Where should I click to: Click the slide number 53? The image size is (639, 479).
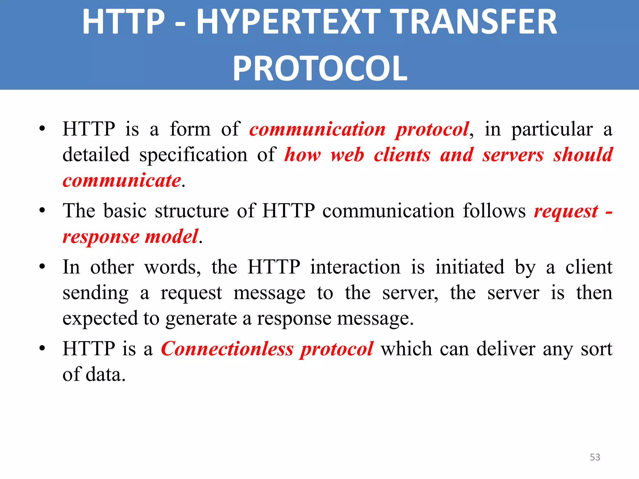[595, 457]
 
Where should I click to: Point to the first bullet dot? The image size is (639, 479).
[42, 128]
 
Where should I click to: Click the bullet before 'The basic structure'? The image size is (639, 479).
[42, 210]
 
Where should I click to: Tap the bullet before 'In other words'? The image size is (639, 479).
[42, 267]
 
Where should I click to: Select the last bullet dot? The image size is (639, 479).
[42, 348]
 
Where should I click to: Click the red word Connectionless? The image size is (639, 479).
[227, 349]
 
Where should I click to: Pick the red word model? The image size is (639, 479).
[172, 236]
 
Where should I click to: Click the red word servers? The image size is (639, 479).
[513, 155]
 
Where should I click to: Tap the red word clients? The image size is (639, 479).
[402, 155]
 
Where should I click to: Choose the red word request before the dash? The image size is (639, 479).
[566, 211]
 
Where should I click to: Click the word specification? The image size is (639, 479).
[193, 155]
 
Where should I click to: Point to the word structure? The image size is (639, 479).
[192, 211]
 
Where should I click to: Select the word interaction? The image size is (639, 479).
[355, 267]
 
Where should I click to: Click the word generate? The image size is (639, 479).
[201, 319]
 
